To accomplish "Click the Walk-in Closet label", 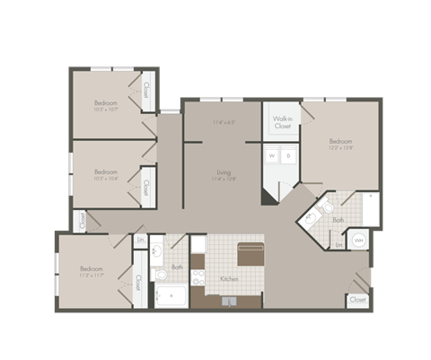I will (x=282, y=122).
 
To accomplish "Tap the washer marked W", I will (x=270, y=156).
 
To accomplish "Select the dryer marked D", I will (x=288, y=156).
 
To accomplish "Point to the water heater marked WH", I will (x=359, y=240).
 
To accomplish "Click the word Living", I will (x=224, y=171).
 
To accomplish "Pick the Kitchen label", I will (x=229, y=279).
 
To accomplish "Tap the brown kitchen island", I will (x=251, y=253).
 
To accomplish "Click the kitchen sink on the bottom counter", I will (x=229, y=301).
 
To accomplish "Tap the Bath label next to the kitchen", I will (x=177, y=267).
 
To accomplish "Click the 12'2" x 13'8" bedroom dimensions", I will (x=339, y=148).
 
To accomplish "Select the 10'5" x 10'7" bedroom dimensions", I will (x=106, y=111).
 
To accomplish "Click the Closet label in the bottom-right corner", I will (x=357, y=299).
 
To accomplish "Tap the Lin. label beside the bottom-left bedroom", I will (x=141, y=240).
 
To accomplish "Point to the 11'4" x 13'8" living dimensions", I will (x=224, y=180).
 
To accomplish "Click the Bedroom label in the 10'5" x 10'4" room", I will (x=106, y=171).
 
